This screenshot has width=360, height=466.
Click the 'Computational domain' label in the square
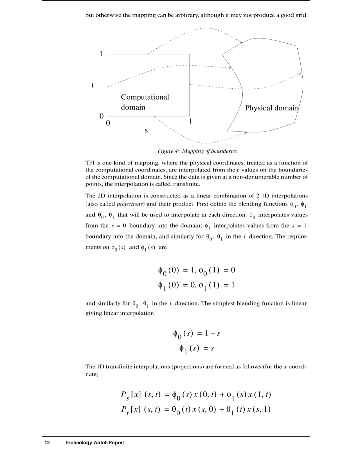pos(145,102)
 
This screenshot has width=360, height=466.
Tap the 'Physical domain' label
pos(272,108)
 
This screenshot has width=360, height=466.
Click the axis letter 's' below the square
pos(146,130)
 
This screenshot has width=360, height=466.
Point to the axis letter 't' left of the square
pos(93,85)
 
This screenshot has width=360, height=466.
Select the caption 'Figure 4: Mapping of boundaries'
pos(197,151)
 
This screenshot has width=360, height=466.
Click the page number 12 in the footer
pos(47,443)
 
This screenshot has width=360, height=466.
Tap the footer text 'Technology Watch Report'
pos(95,443)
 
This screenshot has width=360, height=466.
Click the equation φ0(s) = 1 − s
pos(197,334)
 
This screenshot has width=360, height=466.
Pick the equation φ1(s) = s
pos(197,349)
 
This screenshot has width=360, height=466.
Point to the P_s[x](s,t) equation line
pos(196,395)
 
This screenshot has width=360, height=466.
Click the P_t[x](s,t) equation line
pos(196,410)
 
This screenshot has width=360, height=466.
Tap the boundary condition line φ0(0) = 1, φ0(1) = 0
pos(197,270)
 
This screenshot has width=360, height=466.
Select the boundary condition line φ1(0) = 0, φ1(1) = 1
pos(197,285)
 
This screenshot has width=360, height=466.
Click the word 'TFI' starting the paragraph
pos(90,163)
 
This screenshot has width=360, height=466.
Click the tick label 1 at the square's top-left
pos(101,54)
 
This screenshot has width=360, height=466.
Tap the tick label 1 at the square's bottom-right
pos(190,121)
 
